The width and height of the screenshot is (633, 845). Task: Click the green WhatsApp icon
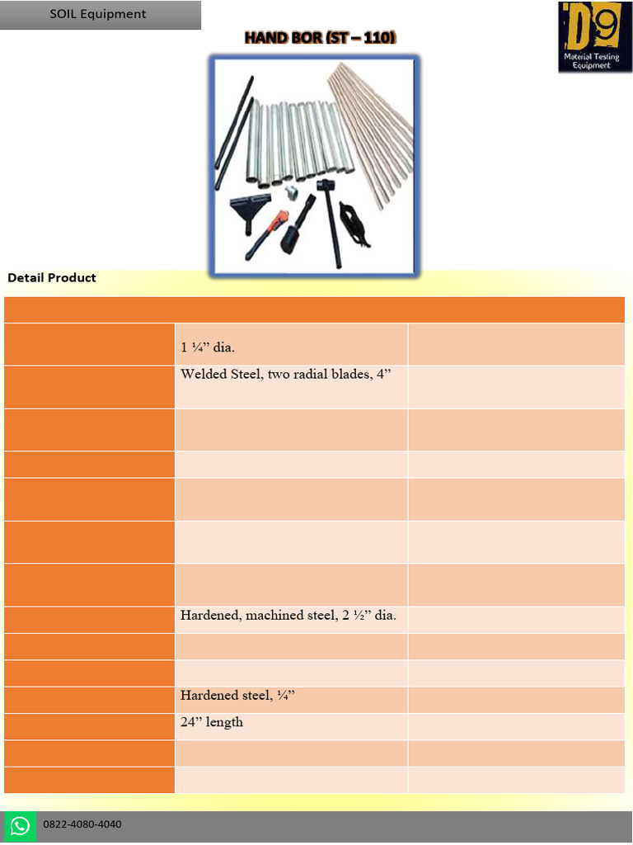coord(20,826)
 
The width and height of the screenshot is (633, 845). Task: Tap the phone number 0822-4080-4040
coord(82,824)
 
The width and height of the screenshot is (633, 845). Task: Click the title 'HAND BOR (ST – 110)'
coord(320,38)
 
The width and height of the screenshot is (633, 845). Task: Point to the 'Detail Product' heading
coord(52,278)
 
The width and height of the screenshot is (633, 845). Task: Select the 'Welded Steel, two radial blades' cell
coord(285,375)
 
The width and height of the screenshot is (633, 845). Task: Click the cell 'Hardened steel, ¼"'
coord(237,696)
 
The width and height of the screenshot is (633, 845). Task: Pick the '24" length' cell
coord(212,723)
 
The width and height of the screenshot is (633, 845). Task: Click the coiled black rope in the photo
coord(357,223)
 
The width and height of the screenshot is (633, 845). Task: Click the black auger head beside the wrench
coord(295,231)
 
